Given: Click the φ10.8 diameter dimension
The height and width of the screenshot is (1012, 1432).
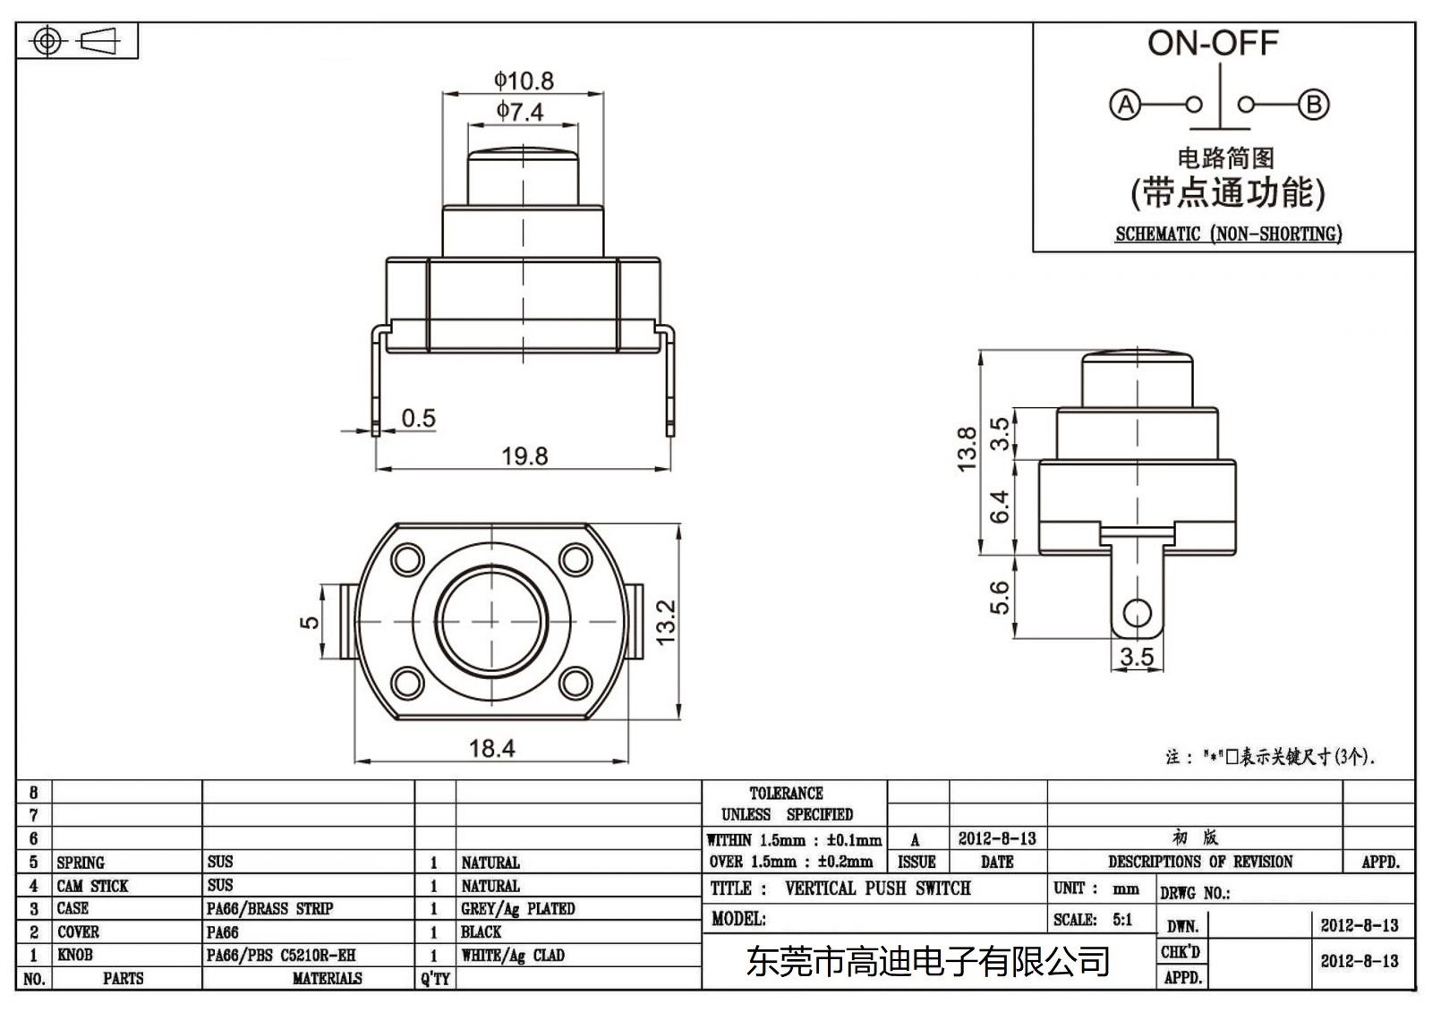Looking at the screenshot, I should tap(524, 81).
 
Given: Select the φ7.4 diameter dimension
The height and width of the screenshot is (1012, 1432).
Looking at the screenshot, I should tap(521, 112).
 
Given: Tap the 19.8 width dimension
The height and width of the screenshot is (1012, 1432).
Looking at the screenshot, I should tap(524, 456).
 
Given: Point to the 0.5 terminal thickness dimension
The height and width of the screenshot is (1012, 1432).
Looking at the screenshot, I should tap(418, 418).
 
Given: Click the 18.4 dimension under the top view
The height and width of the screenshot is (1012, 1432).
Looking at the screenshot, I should tap(491, 748).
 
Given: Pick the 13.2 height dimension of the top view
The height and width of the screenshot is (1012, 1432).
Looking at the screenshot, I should tap(666, 622).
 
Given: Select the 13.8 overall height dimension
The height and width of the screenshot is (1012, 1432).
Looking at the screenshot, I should tap(967, 449).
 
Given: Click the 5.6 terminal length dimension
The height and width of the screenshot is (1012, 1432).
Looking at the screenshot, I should tap(1000, 598).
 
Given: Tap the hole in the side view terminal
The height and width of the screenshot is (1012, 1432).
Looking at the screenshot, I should tap(1137, 614).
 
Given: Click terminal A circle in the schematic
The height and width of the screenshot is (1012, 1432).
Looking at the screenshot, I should tap(1125, 105).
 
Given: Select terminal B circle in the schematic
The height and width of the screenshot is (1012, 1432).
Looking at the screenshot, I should tap(1313, 105).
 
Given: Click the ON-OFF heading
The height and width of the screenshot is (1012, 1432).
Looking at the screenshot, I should tap(1213, 43).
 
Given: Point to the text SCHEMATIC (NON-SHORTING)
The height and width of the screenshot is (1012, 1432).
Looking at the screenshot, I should tap(1228, 234).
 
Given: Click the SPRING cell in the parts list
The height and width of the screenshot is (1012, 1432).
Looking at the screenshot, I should tap(81, 863).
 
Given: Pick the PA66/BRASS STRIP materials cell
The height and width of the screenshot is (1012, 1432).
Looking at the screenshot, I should tap(269, 909).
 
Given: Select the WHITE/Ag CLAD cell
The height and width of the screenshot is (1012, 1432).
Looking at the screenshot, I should tap(513, 956).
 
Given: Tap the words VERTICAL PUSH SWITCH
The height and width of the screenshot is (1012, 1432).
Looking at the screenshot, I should tap(877, 889).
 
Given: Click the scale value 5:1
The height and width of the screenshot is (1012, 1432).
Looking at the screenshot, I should tap(1122, 920).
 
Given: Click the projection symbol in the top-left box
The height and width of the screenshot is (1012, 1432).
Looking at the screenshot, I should tap(75, 41).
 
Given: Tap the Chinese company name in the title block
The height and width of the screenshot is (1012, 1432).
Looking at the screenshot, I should tap(927, 962).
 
